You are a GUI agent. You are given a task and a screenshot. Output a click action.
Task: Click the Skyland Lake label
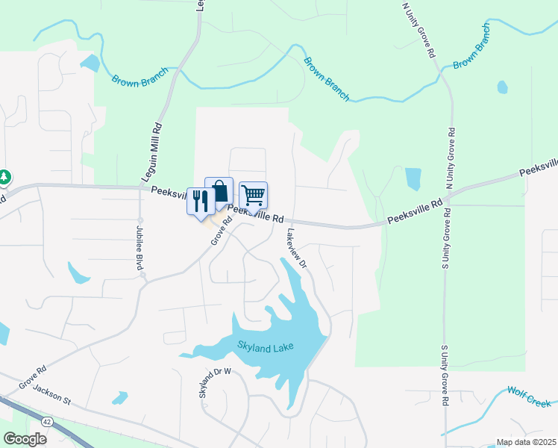click(x=266, y=346)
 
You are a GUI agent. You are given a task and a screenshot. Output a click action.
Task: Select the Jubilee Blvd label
click(x=138, y=246)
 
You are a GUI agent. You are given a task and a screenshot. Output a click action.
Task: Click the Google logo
click(x=25, y=438)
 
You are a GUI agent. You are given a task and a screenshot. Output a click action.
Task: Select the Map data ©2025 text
click(x=527, y=442)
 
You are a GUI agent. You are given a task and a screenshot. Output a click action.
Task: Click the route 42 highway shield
click(x=48, y=422)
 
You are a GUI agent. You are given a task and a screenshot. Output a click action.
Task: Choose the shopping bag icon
click(x=219, y=191)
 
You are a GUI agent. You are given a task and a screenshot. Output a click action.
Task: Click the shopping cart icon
click(x=254, y=196)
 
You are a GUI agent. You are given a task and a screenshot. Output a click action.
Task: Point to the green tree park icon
click(x=4, y=177)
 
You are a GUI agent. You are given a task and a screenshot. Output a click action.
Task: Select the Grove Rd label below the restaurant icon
click(x=218, y=231)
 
